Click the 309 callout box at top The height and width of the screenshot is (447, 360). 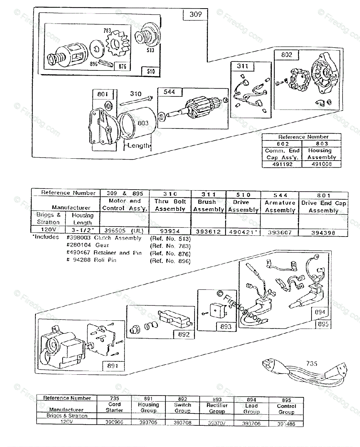click(195, 15)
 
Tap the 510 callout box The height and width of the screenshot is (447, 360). click(151, 71)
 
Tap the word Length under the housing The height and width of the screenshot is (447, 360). click(139, 146)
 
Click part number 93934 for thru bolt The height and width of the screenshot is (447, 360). click(170, 231)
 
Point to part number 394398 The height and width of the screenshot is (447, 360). click(323, 232)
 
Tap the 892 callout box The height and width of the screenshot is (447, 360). click(184, 334)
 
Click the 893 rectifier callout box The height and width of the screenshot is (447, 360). click(226, 327)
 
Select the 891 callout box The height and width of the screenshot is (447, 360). click(113, 366)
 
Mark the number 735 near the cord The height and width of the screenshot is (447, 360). click(312, 363)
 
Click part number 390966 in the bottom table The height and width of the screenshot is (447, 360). click(114, 422)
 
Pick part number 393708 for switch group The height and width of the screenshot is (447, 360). click(182, 422)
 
